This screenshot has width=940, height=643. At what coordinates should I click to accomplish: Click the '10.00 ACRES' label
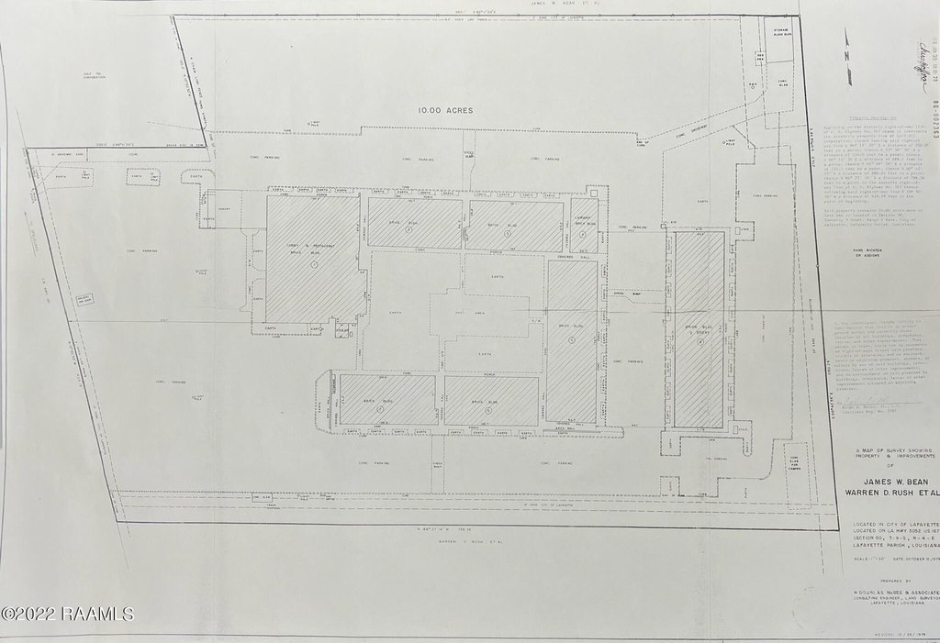(x=445, y=110)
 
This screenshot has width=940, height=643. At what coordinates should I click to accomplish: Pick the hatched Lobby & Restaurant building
(x=312, y=259)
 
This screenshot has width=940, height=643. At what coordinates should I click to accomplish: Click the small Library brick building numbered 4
(x=583, y=225)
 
